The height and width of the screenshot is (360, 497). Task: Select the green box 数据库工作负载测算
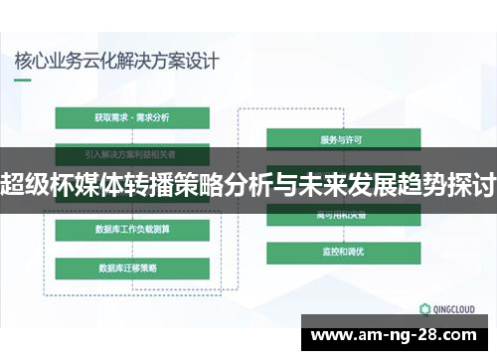(132, 231)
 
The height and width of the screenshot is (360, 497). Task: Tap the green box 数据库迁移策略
(132, 268)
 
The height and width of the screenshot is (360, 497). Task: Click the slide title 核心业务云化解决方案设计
(117, 59)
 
